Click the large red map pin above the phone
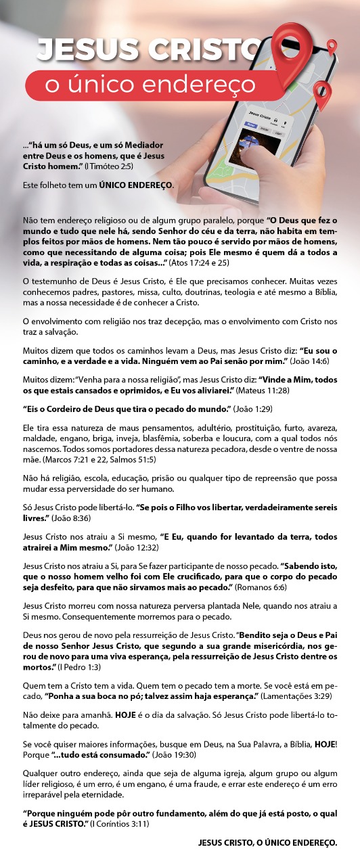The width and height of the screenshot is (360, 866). [292, 42]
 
